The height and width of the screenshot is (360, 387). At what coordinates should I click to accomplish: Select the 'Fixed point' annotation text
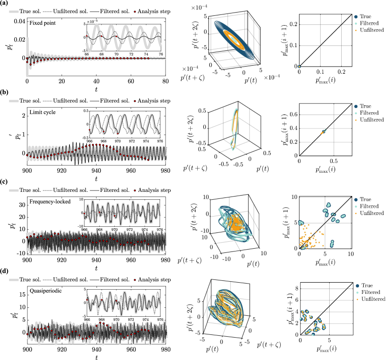tap(41, 22)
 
